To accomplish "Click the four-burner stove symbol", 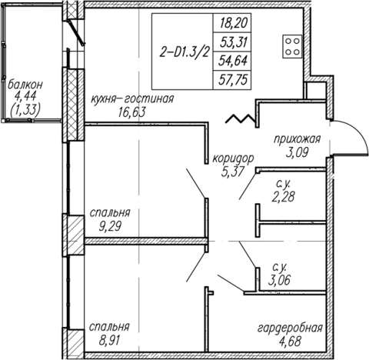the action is tap(292, 46).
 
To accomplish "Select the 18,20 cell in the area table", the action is tap(232, 23).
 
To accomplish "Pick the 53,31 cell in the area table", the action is tap(232, 42).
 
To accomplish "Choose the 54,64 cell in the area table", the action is tap(232, 61).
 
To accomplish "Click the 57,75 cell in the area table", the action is tap(232, 80).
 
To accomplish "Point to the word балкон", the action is tap(25, 85).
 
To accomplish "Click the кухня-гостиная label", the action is tap(133, 98).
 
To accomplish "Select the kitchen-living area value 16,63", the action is tap(132, 112).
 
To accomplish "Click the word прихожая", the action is tap(298, 139).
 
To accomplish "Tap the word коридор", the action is tap(233, 159).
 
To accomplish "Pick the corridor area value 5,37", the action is tap(232, 172).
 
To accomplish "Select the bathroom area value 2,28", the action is tap(283, 197).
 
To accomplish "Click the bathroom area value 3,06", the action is tap(279, 280).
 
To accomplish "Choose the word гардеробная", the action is tap(290, 328).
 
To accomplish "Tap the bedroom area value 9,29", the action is tap(110, 226).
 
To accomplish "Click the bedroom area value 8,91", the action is tap(109, 341).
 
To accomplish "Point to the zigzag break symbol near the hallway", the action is tap(240, 118).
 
